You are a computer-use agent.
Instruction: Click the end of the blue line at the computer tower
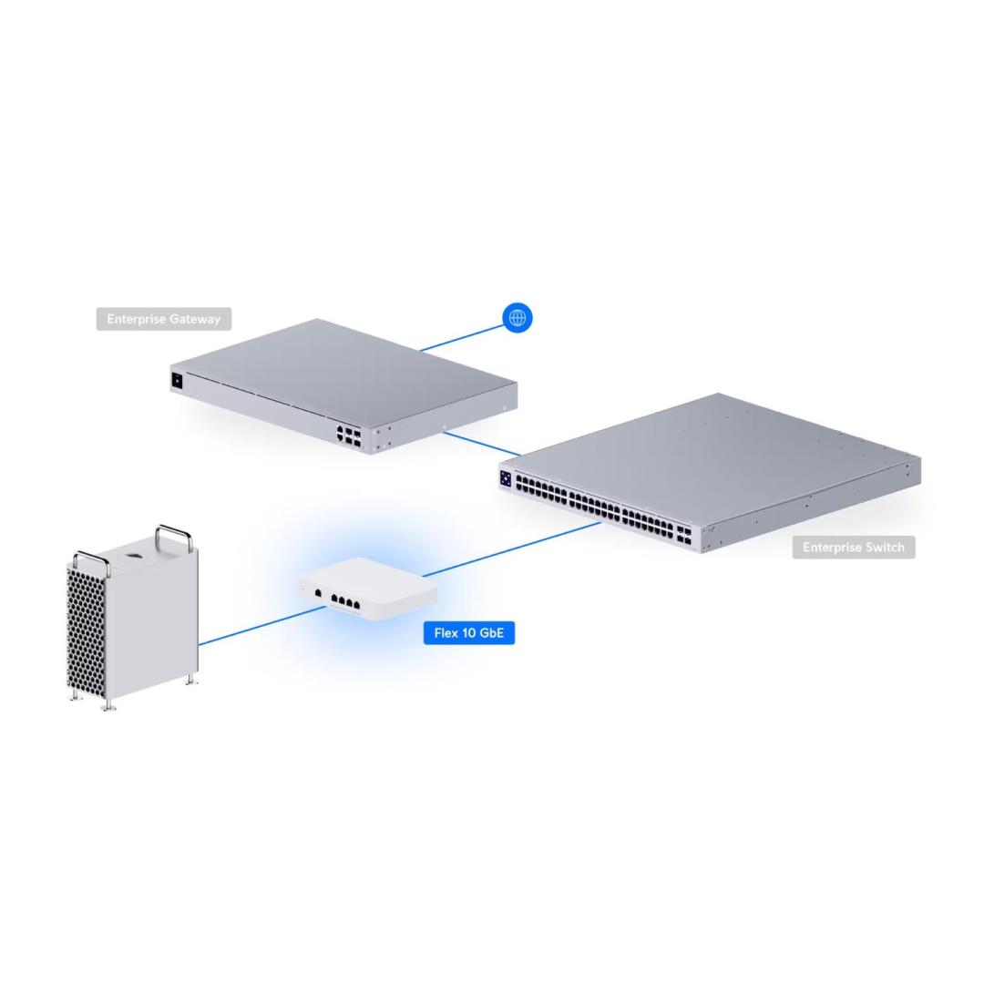point(199,644)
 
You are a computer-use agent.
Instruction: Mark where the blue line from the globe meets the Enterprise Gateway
point(420,351)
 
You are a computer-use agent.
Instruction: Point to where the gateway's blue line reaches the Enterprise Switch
point(521,455)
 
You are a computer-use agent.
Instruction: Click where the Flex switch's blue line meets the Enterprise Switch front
point(600,523)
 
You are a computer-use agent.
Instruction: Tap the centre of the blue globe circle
point(518,318)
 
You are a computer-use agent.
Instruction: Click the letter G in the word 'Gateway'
point(174,320)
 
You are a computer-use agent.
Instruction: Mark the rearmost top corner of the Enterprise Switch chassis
point(719,394)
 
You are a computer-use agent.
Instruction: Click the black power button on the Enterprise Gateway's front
point(177,380)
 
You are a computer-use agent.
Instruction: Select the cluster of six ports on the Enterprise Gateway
point(349,436)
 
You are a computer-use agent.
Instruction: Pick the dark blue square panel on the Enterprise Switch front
point(506,478)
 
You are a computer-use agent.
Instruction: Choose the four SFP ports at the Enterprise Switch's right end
point(683,535)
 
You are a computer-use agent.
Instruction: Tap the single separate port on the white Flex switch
point(318,592)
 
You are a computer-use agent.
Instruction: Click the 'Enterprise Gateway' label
point(164,319)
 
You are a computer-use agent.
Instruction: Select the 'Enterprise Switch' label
point(854,548)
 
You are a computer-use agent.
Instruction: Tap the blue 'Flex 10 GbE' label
point(469,633)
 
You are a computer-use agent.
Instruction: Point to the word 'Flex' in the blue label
point(446,633)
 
